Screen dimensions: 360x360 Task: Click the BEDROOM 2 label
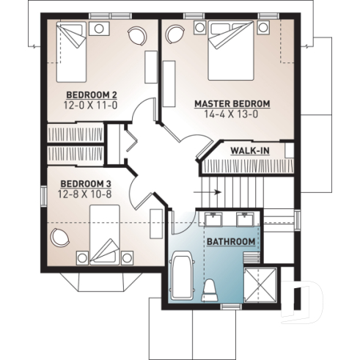point(92,95)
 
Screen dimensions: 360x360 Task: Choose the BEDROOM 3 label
point(87,184)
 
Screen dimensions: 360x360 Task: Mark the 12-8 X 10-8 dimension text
point(87,194)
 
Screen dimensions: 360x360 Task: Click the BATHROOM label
point(230,241)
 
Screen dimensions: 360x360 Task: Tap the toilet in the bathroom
point(210,289)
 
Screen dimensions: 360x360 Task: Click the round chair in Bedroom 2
point(136,35)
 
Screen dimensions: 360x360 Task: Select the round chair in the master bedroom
point(175,35)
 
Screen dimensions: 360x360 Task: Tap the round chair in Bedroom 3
point(59,238)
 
